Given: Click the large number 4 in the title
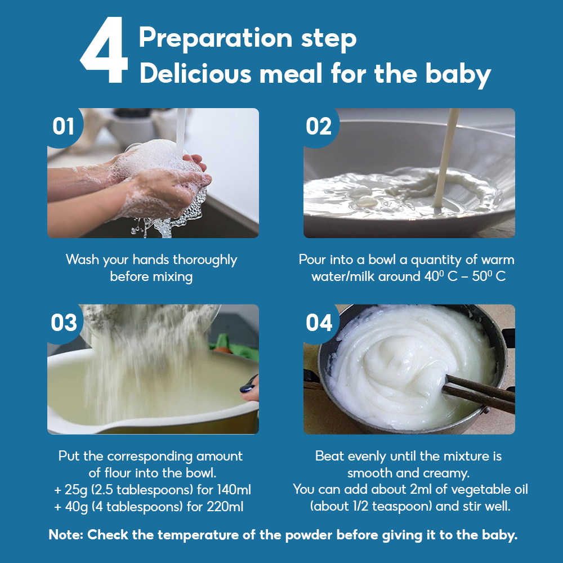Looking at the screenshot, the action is click(x=104, y=50).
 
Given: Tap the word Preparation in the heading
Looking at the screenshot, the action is click(x=216, y=39).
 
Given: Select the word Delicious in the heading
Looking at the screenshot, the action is click(x=196, y=74).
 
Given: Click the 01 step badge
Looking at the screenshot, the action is click(x=63, y=126).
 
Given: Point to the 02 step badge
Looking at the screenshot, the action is click(x=319, y=126).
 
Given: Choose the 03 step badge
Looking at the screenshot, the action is click(x=64, y=323).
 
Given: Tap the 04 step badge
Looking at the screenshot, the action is click(x=319, y=323).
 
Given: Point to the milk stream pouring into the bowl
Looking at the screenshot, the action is click(x=445, y=158).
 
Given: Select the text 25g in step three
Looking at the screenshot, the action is click(x=76, y=490).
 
